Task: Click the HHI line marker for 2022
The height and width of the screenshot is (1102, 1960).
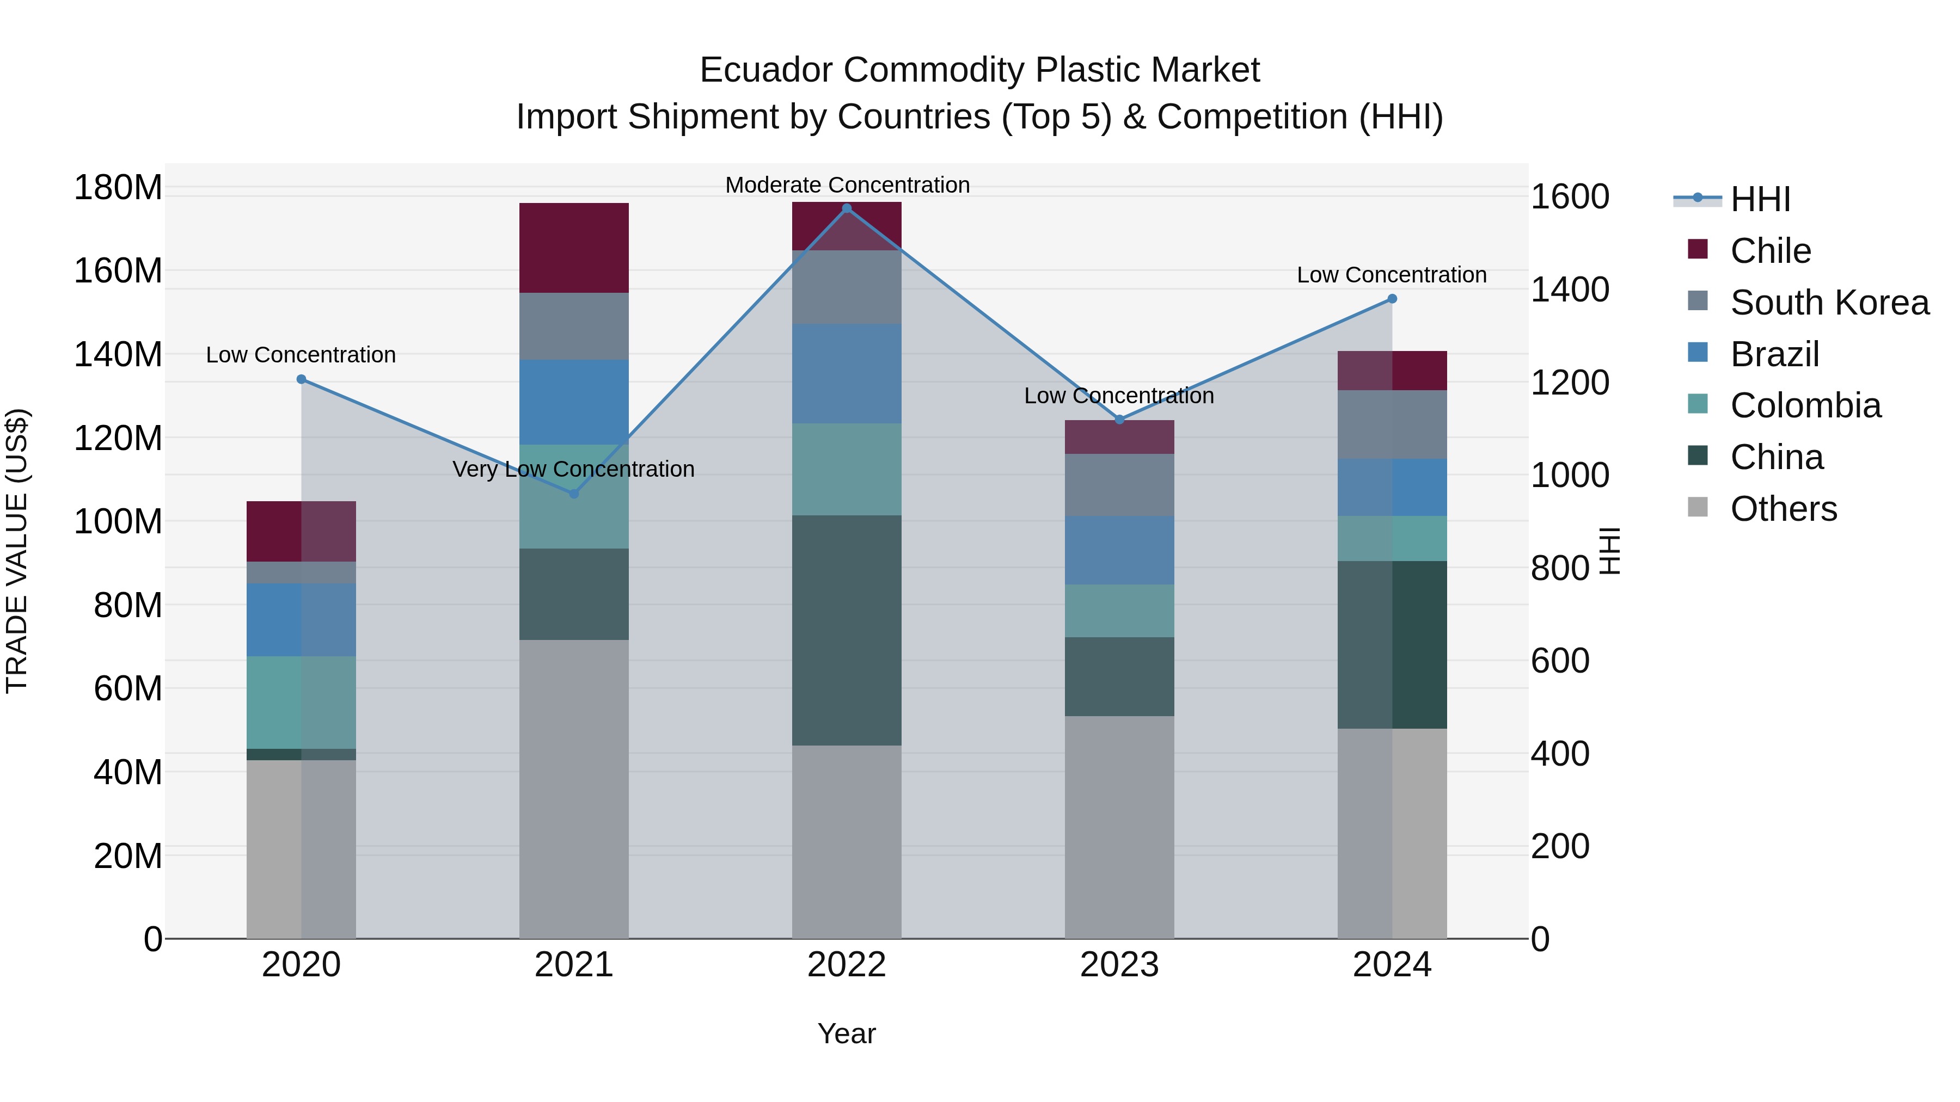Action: click(847, 208)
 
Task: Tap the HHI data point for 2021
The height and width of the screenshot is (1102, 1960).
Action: click(574, 494)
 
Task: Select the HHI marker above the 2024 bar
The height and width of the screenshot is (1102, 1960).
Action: click(1392, 299)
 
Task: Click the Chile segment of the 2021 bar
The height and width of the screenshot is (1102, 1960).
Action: click(574, 248)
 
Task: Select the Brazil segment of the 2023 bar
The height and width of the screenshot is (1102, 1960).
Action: click(1119, 550)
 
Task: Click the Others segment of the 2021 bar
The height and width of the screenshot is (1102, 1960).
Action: click(574, 789)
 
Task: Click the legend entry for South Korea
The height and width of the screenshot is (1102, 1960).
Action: click(1829, 303)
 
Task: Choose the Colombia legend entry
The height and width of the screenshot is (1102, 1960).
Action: click(1805, 405)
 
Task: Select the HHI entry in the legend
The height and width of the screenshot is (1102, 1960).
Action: click(1760, 199)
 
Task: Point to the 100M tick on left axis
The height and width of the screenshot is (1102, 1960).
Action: click(118, 522)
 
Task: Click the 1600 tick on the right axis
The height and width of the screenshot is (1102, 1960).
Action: click(1569, 197)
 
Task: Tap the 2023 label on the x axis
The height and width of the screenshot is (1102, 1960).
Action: click(1119, 965)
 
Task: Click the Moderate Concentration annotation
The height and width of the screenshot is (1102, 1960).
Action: click(847, 185)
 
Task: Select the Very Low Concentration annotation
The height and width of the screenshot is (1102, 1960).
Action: click(574, 469)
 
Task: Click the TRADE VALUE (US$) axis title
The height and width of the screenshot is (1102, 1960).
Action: click(17, 551)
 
